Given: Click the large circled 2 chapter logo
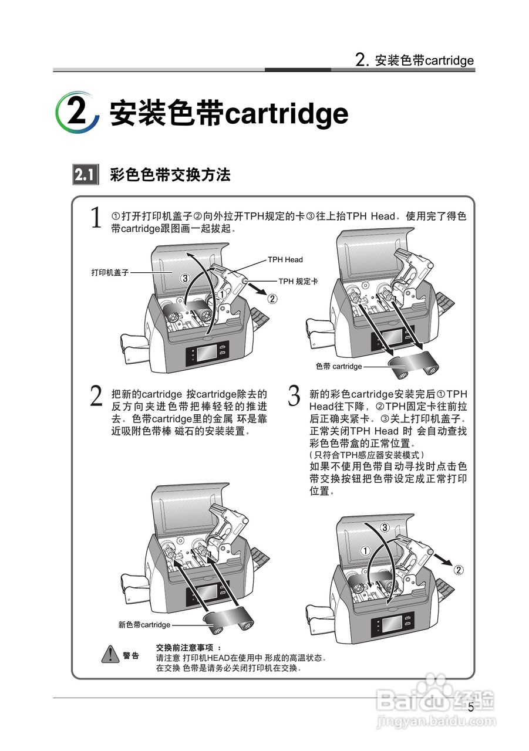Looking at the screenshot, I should [77, 112].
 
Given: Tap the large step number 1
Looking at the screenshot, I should [96, 218].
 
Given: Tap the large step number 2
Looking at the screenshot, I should [96, 397].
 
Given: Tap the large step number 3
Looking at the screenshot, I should [295, 397].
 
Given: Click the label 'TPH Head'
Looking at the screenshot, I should [285, 259].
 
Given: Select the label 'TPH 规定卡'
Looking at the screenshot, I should [298, 282].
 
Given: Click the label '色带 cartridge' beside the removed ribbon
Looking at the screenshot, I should [339, 366].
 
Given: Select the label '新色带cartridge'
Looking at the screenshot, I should [144, 625].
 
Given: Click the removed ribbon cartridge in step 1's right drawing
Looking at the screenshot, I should [413, 366].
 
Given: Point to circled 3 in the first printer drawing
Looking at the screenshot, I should [184, 278].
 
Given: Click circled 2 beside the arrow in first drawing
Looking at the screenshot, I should [272, 299].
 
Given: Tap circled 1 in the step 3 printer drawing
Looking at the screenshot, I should [364, 551].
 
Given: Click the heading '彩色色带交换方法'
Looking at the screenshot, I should [170, 175].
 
